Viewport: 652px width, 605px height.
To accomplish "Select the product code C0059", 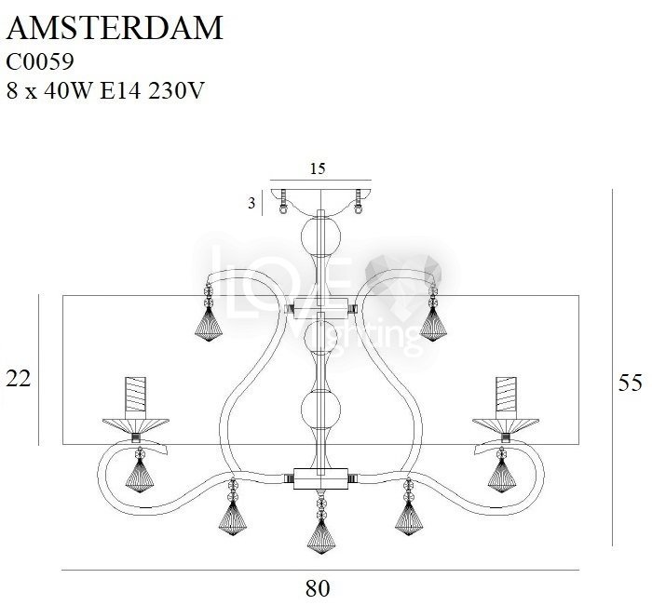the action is pyautogui.click(x=40, y=62).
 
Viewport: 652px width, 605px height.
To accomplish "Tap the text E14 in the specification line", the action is pyautogui.click(x=120, y=90).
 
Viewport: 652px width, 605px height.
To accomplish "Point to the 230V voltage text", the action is pyautogui.click(x=176, y=90).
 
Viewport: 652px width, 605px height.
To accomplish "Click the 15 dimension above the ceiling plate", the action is pyautogui.click(x=318, y=168).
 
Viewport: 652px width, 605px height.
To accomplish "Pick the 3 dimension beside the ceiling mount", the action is pyautogui.click(x=251, y=204).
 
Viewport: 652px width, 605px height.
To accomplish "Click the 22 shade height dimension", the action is pyautogui.click(x=19, y=379).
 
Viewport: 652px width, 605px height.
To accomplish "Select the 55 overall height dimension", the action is pyautogui.click(x=630, y=383).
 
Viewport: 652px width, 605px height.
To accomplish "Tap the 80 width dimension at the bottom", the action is pyautogui.click(x=318, y=588).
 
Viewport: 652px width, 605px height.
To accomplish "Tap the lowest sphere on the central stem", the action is pyautogui.click(x=320, y=410).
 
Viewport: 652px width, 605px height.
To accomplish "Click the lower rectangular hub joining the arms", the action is pyautogui.click(x=320, y=478).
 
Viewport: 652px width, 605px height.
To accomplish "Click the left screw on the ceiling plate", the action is pyautogui.click(x=283, y=202).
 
